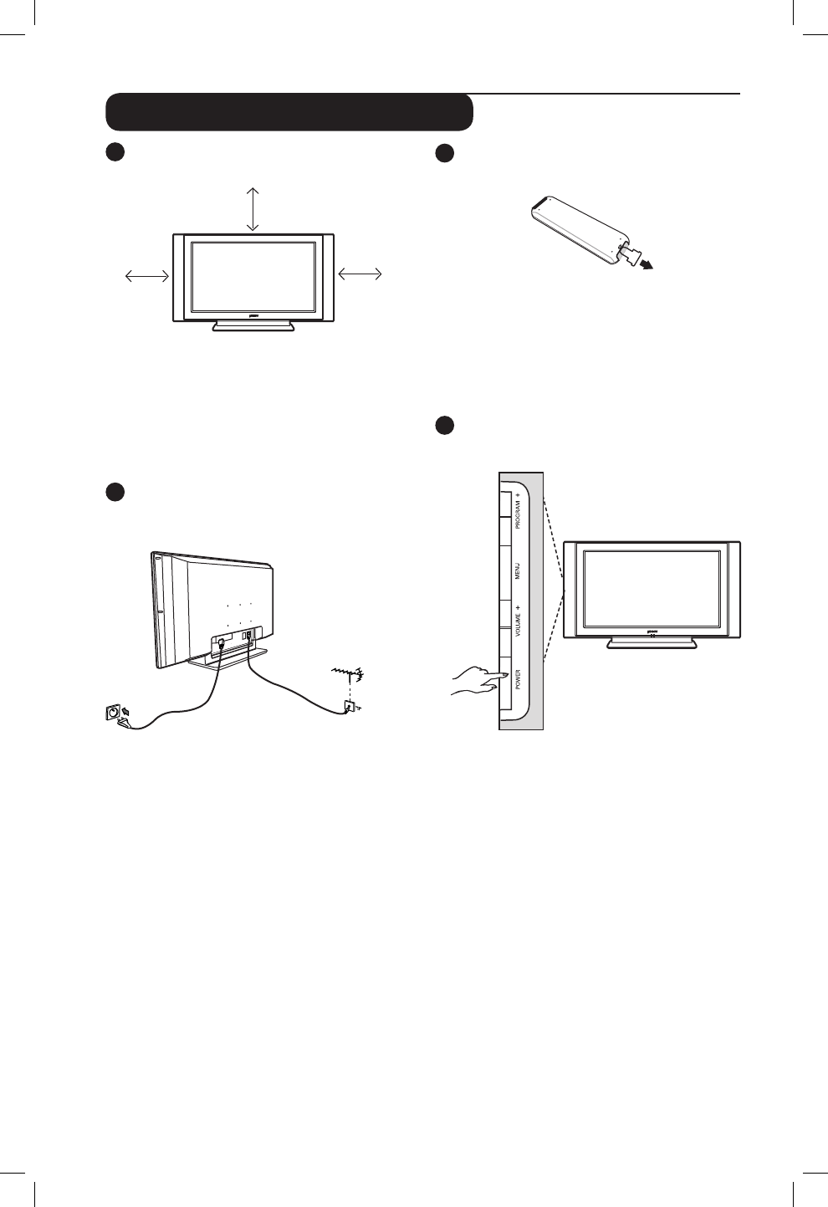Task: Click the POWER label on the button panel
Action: click(x=518, y=678)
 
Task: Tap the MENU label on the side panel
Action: click(x=518, y=572)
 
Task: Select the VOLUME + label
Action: click(x=518, y=621)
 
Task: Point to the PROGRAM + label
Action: click(x=518, y=510)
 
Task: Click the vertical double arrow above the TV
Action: click(x=253, y=209)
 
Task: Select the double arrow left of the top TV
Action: click(x=146, y=275)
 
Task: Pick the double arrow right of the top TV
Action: click(x=360, y=273)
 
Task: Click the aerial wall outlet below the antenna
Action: click(x=350, y=708)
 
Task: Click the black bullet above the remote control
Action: click(x=445, y=153)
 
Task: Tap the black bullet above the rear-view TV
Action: click(x=115, y=492)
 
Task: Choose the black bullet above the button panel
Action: click(x=445, y=425)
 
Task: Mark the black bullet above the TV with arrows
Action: click(x=115, y=153)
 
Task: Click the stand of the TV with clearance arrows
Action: click(x=253, y=326)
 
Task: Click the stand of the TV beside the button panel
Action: click(x=652, y=642)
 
